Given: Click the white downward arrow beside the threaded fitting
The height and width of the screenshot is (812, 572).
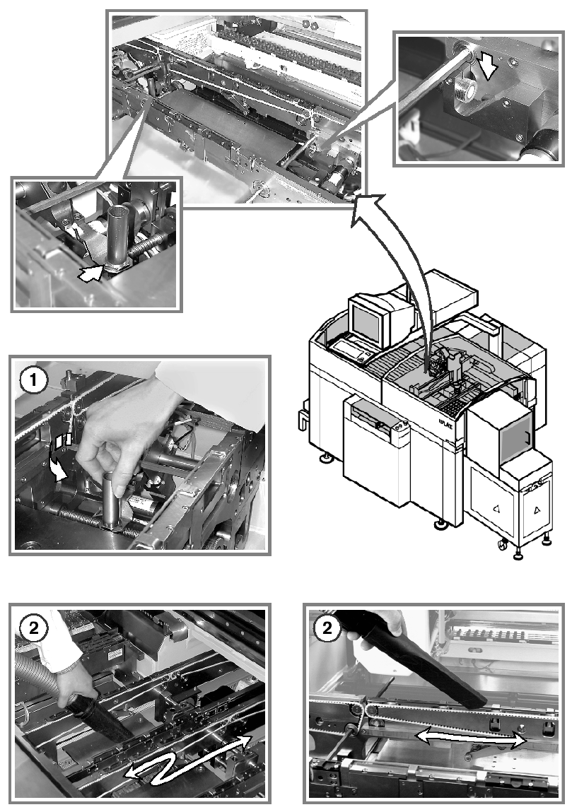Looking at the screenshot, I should point(488,65).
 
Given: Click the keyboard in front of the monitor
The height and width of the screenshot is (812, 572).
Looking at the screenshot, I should point(351,350).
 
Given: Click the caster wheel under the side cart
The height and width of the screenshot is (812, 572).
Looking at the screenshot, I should point(503,544).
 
